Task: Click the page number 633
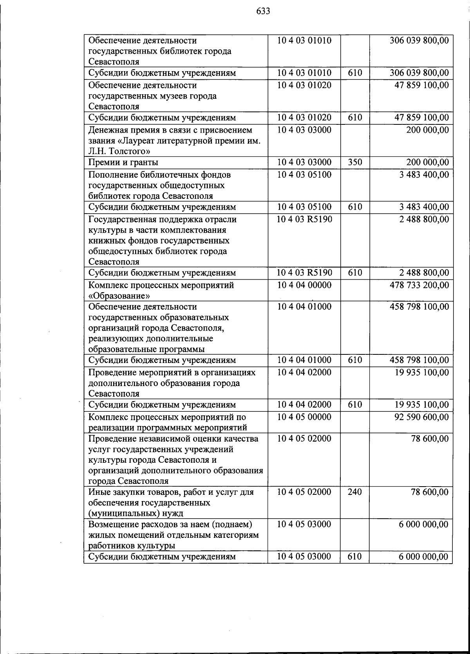pyautogui.click(x=263, y=11)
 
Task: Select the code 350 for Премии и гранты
pyautogui.click(x=354, y=162)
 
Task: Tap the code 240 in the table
pyautogui.click(x=354, y=492)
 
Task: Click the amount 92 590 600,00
pyautogui.click(x=421, y=417)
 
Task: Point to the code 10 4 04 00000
pyautogui.click(x=304, y=285)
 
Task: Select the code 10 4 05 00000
pyautogui.click(x=304, y=417)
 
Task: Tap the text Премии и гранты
pyautogui.click(x=123, y=162)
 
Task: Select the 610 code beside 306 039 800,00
pyautogui.click(x=354, y=73)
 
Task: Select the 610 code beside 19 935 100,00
pyautogui.click(x=354, y=405)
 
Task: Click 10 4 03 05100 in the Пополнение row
pyautogui.click(x=304, y=175)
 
